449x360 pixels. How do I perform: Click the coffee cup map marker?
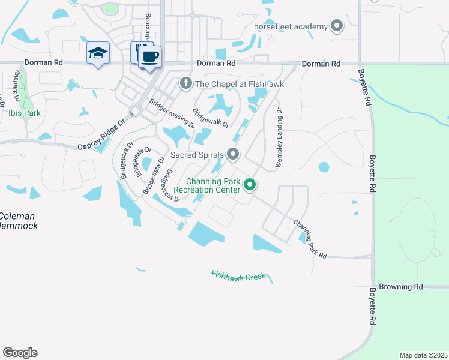[x=149, y=58]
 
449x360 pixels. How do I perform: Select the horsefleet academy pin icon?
[x=336, y=26]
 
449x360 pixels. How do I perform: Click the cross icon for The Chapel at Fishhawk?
[x=186, y=83]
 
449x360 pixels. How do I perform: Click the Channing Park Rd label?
[x=310, y=239]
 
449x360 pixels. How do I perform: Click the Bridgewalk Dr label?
[x=210, y=118]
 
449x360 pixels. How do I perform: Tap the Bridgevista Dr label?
[x=153, y=176]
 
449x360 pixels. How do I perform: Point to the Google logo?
[x=20, y=352]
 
